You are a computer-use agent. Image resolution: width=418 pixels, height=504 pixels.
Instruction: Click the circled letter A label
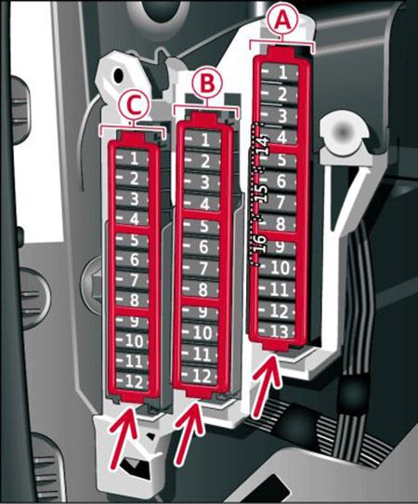(282, 20)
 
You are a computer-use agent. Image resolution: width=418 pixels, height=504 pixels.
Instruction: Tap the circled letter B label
(207, 82)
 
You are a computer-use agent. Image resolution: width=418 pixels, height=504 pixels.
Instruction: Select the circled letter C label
(134, 106)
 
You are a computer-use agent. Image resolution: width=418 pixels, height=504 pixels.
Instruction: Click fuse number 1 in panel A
(280, 73)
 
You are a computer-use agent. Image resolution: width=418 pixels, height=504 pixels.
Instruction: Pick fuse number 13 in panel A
(277, 331)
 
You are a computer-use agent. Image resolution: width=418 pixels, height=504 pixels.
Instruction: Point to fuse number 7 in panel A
(279, 203)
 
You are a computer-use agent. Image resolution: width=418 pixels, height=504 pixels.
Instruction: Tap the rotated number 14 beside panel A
(262, 145)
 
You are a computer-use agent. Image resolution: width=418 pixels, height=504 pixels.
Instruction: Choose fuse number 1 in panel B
(203, 140)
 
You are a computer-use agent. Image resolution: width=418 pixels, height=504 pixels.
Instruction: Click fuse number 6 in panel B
(202, 246)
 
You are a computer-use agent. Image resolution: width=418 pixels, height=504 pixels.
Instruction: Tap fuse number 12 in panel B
(200, 376)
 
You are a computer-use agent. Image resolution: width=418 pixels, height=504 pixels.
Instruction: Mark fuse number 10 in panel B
(201, 333)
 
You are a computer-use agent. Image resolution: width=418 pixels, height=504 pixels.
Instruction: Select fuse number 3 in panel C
(132, 199)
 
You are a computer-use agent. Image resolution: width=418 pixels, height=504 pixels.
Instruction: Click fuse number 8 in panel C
(132, 299)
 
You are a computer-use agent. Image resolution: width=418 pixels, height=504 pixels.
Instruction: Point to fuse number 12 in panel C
(132, 382)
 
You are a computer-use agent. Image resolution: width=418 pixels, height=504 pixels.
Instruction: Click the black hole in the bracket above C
(119, 75)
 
